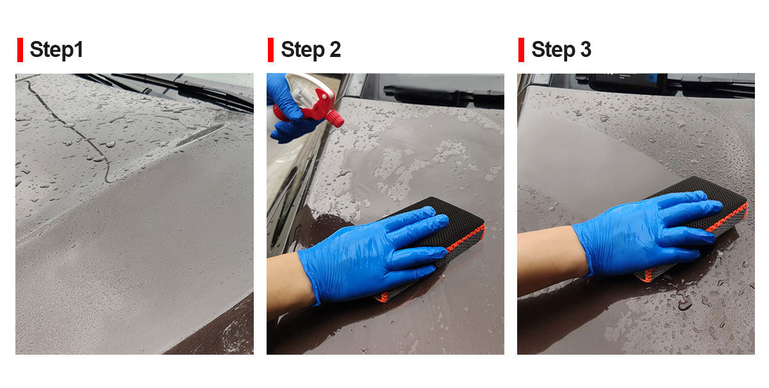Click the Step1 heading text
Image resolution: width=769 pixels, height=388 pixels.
tap(56, 50)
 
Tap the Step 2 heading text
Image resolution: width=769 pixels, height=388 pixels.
tap(311, 50)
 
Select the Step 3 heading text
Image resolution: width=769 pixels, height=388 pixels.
tap(561, 50)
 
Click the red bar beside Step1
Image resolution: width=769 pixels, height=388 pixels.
tap(21, 50)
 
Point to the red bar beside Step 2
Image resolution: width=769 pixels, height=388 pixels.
tap(270, 50)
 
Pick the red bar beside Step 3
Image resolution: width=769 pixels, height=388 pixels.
tap(521, 50)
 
